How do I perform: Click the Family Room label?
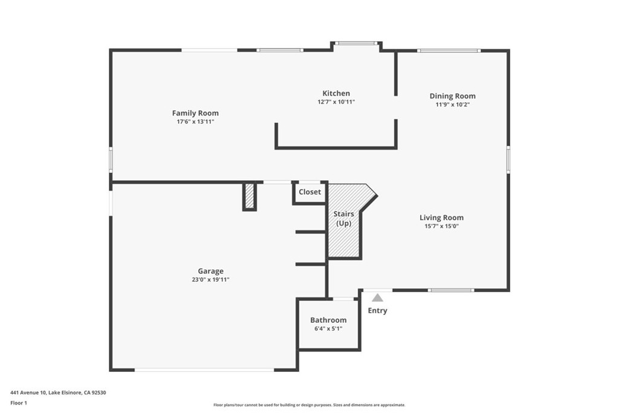pos(195,113)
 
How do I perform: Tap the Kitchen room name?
pos(335,93)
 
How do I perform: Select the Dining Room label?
pos(452,96)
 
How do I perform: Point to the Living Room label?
pos(441,218)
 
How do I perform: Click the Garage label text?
pos(210,271)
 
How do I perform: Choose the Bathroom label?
pos(328,320)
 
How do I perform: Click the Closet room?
pos(309,192)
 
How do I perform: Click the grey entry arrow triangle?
pos(377,298)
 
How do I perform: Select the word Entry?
pos(377,311)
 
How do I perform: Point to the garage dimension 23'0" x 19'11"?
pos(210,279)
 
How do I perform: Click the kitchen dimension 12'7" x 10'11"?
pos(335,102)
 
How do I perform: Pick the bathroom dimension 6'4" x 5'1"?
pos(328,328)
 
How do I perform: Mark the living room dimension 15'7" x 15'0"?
pos(441,226)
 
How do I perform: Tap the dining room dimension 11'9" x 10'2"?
pos(452,104)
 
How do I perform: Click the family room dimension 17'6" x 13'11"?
pos(195,122)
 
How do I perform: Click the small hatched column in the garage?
pos(250,196)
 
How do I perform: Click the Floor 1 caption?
pos(19,402)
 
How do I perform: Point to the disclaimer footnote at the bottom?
pos(309,405)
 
